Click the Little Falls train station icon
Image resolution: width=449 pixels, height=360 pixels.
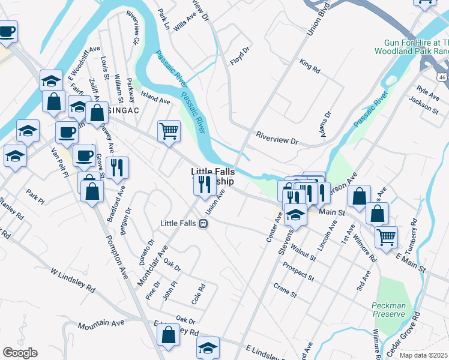[203, 224]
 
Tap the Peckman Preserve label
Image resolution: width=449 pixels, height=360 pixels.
[388, 310]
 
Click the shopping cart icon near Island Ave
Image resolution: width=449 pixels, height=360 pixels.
[169, 131]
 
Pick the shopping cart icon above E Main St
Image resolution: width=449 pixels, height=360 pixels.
[386, 236]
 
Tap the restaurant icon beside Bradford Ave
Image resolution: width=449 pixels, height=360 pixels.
[117, 168]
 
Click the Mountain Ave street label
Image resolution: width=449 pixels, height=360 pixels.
[101, 323]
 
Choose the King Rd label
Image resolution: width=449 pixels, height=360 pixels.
[310, 66]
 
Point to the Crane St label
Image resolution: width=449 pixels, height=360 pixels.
[285, 291]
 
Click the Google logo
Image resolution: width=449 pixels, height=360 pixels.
[20, 352]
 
